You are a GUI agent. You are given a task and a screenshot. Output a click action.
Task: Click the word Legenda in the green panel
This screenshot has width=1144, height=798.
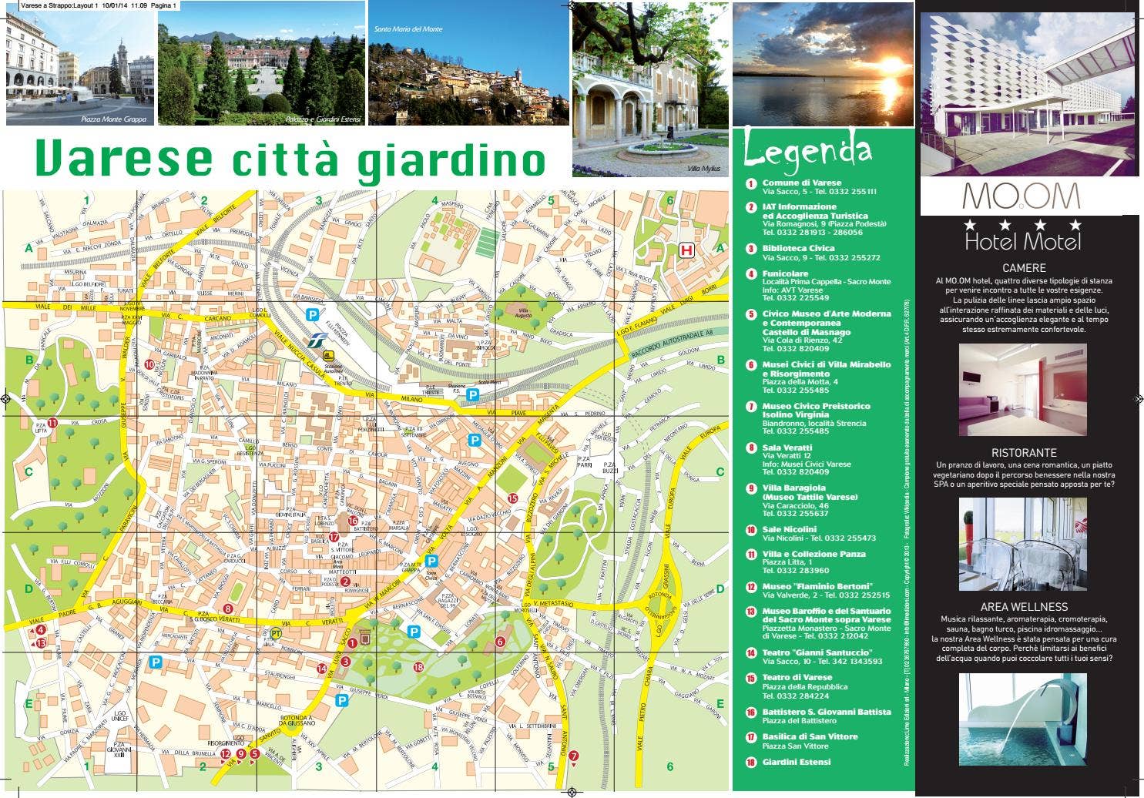click(807, 152)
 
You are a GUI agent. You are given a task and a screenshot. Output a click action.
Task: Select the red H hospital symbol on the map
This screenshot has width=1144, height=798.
click(686, 250)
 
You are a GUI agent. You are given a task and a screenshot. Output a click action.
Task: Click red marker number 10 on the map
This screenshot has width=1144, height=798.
click(149, 365)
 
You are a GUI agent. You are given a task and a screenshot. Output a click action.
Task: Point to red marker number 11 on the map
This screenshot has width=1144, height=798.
click(52, 422)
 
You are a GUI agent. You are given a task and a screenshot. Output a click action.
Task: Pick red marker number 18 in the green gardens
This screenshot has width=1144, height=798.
click(418, 667)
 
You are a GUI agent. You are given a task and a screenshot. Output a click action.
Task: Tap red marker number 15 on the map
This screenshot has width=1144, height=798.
click(512, 498)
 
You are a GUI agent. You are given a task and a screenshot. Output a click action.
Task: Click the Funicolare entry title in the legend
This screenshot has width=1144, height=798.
click(785, 273)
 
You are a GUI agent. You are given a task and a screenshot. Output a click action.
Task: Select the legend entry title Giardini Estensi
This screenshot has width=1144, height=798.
click(797, 762)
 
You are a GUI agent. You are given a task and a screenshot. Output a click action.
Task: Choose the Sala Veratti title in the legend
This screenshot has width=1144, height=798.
click(787, 448)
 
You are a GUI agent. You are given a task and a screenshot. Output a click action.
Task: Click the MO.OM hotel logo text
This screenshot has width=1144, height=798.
click(1021, 197)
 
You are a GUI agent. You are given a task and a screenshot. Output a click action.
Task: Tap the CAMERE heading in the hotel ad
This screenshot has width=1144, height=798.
click(1024, 268)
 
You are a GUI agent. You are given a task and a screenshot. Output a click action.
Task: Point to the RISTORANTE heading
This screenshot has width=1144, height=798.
click(1024, 453)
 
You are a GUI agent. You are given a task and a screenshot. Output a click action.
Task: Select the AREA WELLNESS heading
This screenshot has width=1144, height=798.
click(1024, 607)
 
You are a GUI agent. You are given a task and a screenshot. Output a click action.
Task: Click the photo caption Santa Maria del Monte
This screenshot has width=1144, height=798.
click(408, 29)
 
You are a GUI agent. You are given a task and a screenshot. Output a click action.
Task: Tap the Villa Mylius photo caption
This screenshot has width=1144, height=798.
click(704, 168)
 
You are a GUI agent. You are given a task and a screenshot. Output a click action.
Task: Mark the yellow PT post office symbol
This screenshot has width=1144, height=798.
click(276, 632)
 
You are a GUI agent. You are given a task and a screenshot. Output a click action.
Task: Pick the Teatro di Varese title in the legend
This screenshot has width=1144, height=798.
click(797, 678)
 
